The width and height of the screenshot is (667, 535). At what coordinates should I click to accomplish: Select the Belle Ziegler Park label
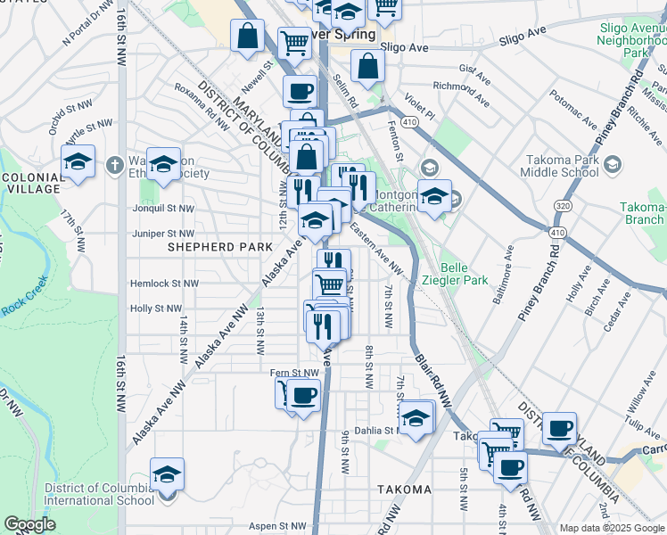[465, 273]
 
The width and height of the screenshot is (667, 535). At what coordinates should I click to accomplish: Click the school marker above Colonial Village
[78, 162]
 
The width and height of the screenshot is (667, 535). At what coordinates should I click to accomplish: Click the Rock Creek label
[17, 309]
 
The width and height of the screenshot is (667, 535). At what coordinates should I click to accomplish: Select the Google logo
[30, 524]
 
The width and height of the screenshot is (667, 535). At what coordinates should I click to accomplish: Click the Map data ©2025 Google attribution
[611, 528]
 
